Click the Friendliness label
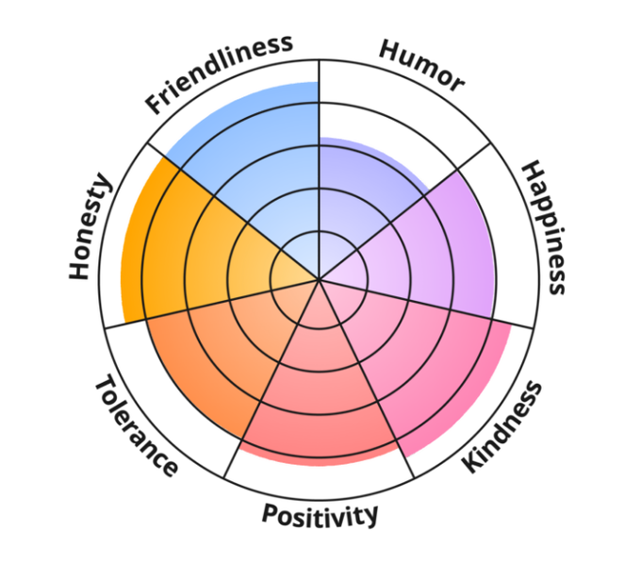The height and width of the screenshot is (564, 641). click(220, 74)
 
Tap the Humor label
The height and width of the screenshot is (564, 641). click(421, 65)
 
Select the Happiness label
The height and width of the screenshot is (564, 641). click(544, 226)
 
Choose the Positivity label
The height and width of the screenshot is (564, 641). click(320, 515)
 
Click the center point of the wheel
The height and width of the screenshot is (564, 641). click(320, 280)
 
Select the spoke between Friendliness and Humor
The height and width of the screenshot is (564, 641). click(320, 141)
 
